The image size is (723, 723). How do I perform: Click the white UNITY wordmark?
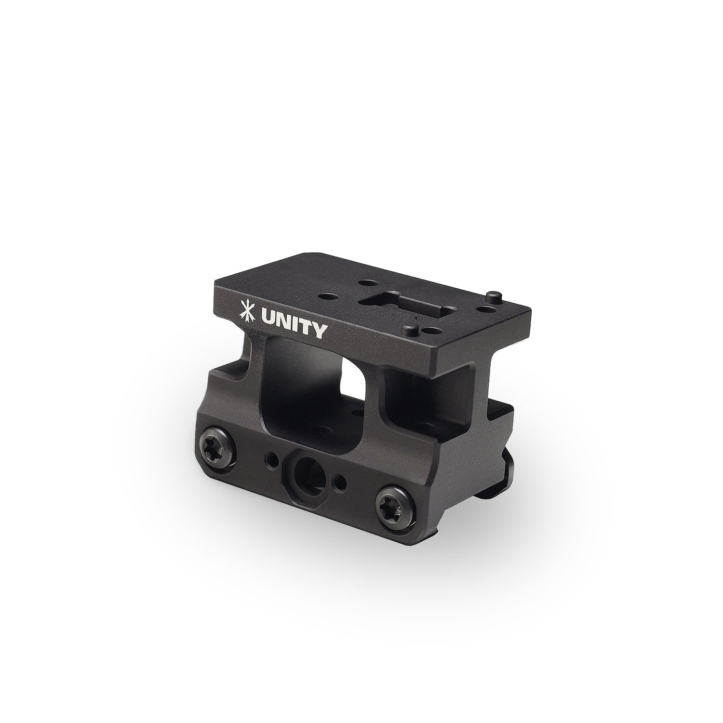(295, 330)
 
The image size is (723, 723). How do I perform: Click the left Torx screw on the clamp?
(213, 441)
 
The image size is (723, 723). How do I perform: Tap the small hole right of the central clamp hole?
(342, 482)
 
